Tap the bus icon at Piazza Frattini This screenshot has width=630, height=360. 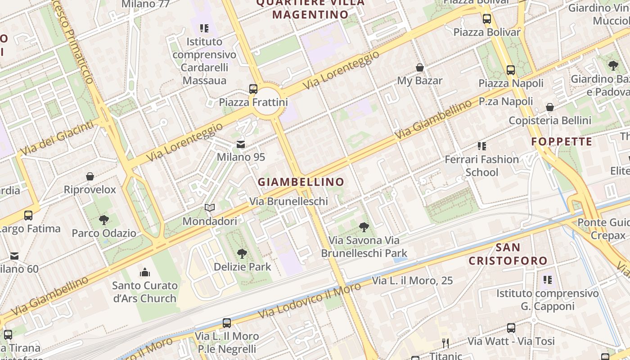[253, 89]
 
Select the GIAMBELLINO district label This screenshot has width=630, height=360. [301, 182]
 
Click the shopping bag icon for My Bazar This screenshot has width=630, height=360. [420, 67]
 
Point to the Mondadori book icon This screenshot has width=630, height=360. [209, 207]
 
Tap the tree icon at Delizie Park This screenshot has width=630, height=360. [242, 253]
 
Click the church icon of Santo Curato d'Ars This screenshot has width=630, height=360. [144, 272]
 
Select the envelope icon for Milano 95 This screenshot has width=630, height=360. [241, 144]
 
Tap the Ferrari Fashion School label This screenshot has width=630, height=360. [481, 166]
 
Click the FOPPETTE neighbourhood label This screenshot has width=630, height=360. [562, 142]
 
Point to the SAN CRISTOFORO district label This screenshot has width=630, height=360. [508, 254]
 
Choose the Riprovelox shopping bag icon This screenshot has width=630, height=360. [90, 176]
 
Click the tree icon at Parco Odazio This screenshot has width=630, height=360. [104, 220]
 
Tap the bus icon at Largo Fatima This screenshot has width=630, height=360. [28, 216]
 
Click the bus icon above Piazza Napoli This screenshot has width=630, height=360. [511, 70]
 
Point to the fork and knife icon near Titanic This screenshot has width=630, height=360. [445, 343]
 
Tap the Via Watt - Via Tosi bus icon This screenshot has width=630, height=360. [511, 328]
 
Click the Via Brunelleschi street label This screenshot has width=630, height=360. [288, 201]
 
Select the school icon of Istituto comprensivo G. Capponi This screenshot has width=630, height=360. [548, 280]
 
